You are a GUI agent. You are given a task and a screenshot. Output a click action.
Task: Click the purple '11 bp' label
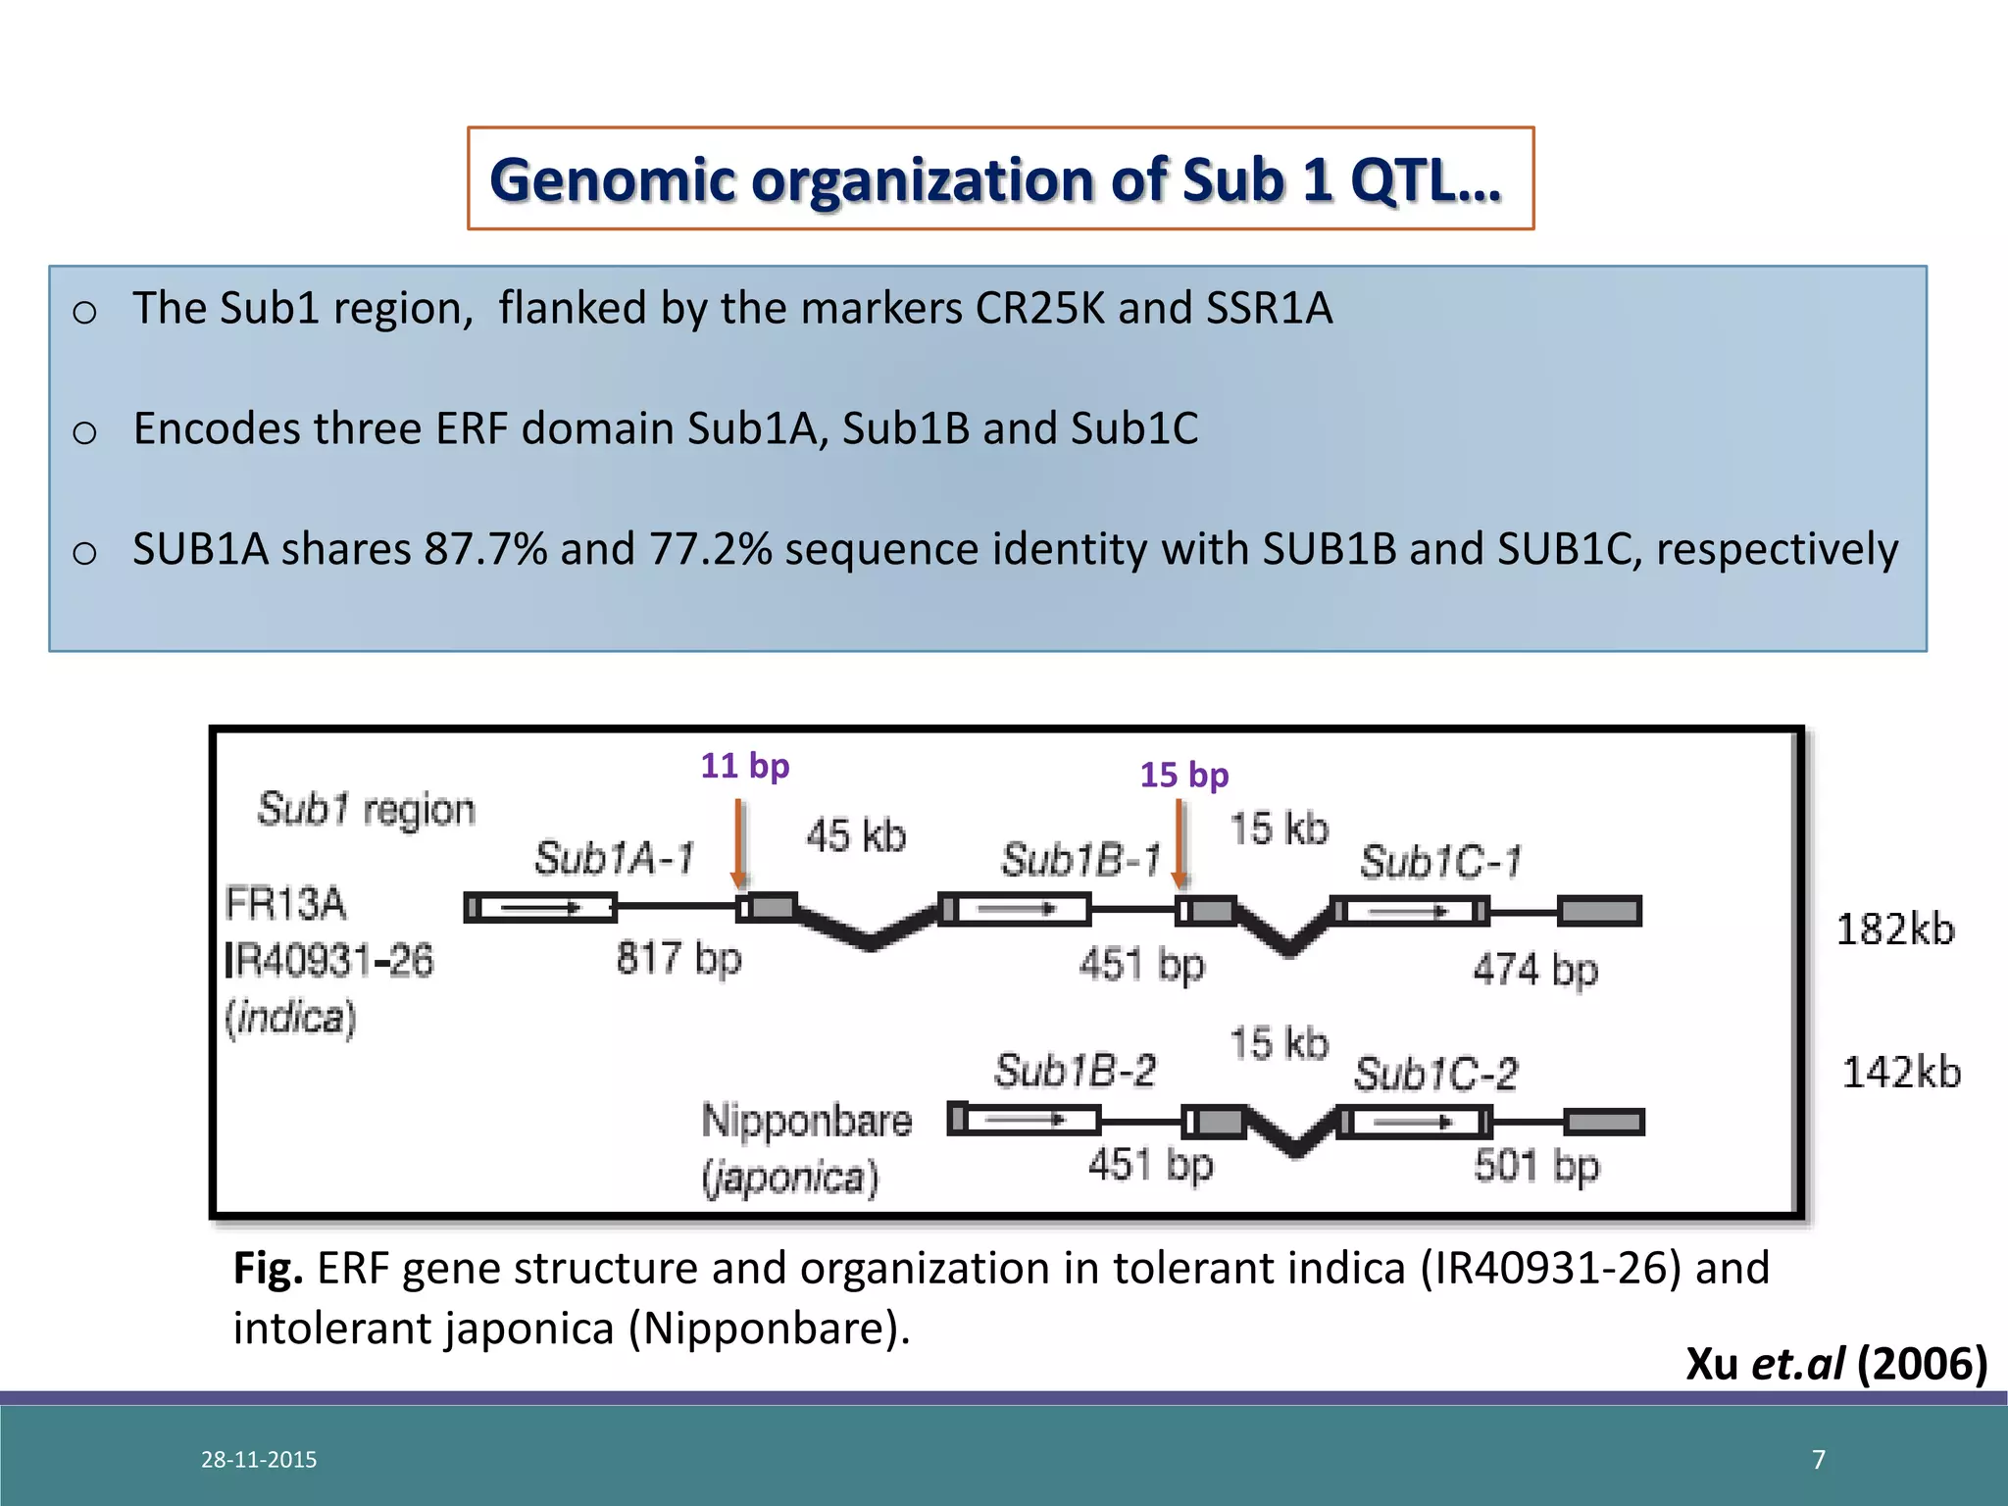coord(744,766)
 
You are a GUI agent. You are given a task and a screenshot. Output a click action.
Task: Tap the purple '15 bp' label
coord(1183,776)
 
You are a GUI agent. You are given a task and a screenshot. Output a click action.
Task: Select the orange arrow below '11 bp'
coord(740,843)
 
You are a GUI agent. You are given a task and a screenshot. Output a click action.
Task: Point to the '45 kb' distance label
coord(856,836)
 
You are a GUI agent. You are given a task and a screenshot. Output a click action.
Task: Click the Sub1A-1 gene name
coord(614,859)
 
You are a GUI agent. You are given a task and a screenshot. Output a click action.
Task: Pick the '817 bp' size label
coord(678,957)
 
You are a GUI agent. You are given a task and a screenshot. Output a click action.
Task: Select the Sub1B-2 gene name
coord(1075,1071)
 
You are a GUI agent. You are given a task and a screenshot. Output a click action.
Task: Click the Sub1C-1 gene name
coord(1440,863)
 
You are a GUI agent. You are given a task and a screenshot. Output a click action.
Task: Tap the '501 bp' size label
coord(1536,1167)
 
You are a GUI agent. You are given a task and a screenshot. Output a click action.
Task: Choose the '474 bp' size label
coord(1535,970)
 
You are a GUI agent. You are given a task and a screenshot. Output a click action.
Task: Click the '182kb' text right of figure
coord(1894,929)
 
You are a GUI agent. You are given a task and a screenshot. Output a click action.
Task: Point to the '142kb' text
coord(1901,1073)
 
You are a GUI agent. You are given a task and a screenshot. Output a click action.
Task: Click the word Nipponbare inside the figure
coord(806,1121)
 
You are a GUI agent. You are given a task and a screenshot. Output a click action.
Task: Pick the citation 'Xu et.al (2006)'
coord(1835,1364)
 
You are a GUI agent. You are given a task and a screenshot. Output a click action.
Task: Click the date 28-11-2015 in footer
coord(259,1460)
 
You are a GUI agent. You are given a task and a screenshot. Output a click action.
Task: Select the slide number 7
coord(1819,1460)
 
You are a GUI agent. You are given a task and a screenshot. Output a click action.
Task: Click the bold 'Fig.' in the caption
coord(268,1269)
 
